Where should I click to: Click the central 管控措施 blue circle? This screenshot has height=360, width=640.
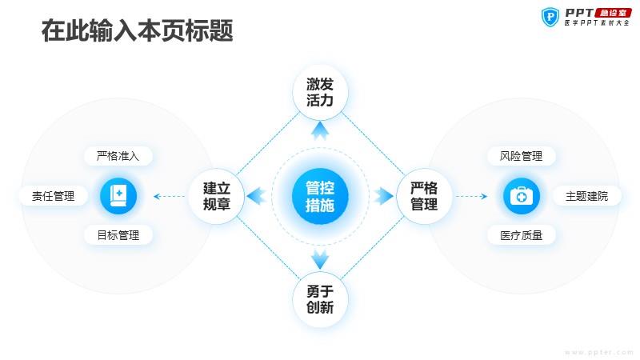click(320, 196)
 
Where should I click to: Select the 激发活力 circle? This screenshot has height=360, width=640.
click(320, 92)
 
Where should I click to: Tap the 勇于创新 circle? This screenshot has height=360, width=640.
click(320, 299)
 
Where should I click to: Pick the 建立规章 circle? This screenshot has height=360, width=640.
click(216, 196)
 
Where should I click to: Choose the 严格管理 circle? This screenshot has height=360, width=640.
click(424, 196)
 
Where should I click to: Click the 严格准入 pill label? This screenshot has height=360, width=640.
click(118, 156)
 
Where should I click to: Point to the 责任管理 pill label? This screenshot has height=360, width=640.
click(54, 196)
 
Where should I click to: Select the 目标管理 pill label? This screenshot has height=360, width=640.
click(118, 235)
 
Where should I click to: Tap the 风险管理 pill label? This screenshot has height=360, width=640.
click(522, 156)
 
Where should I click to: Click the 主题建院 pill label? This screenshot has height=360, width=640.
click(587, 196)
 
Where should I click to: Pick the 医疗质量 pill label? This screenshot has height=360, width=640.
click(522, 235)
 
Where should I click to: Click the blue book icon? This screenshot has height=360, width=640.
click(118, 196)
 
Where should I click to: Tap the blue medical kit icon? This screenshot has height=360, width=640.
click(522, 196)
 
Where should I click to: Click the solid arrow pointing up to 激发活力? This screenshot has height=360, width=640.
click(320, 130)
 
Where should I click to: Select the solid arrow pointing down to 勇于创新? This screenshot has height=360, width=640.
click(320, 259)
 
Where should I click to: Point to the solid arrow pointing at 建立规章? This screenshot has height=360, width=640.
click(256, 196)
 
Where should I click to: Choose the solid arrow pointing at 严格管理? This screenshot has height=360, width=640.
click(384, 196)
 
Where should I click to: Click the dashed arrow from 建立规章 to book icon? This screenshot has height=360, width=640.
click(169, 196)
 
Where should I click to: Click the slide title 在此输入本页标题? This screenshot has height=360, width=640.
click(138, 30)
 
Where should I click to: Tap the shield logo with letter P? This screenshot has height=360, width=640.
click(550, 17)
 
